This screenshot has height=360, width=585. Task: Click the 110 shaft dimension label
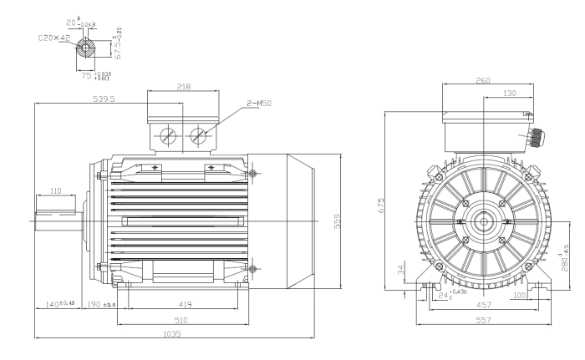coord(56,191)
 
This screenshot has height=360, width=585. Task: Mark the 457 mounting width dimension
coord(484,306)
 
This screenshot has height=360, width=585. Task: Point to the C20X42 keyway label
coord(53,38)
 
